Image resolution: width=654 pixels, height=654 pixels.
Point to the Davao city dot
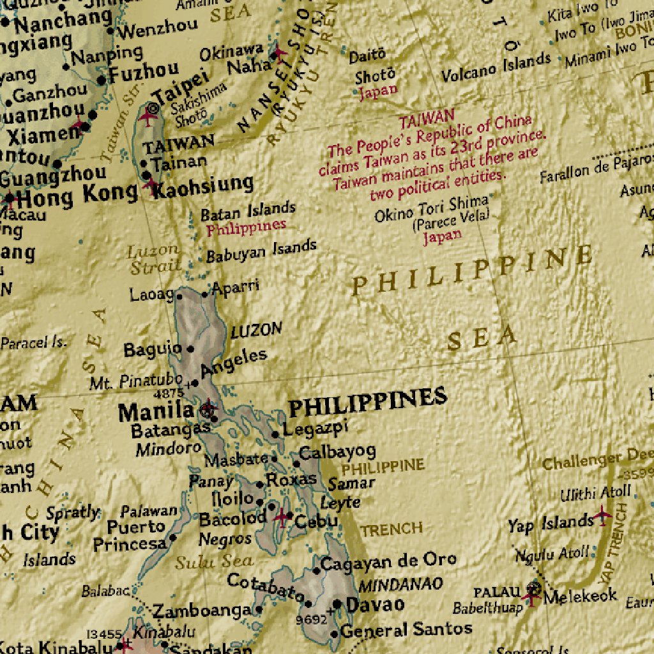point(337,604)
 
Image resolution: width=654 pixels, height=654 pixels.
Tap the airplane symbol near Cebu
point(282,517)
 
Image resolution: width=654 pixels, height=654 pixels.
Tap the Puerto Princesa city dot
point(172,538)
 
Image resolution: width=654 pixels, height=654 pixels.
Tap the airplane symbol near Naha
point(279,52)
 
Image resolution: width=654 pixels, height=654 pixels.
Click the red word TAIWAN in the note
point(427,119)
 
